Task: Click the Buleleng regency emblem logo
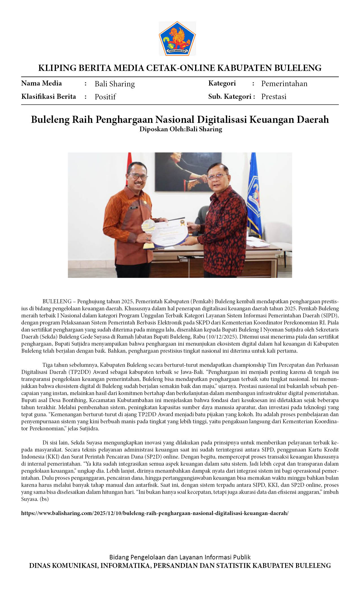click(x=177, y=38)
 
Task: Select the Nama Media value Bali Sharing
click(x=115, y=84)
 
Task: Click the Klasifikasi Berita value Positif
click(x=105, y=97)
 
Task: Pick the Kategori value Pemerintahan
click(x=284, y=84)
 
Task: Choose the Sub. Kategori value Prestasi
click(x=274, y=97)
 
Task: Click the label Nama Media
click(x=42, y=83)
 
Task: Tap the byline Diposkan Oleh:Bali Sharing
click(x=181, y=129)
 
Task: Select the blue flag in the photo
click(x=254, y=195)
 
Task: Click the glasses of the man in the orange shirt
click(x=138, y=176)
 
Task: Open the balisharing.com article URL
click(x=155, y=513)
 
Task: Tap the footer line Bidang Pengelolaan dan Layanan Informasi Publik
click(x=180, y=557)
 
